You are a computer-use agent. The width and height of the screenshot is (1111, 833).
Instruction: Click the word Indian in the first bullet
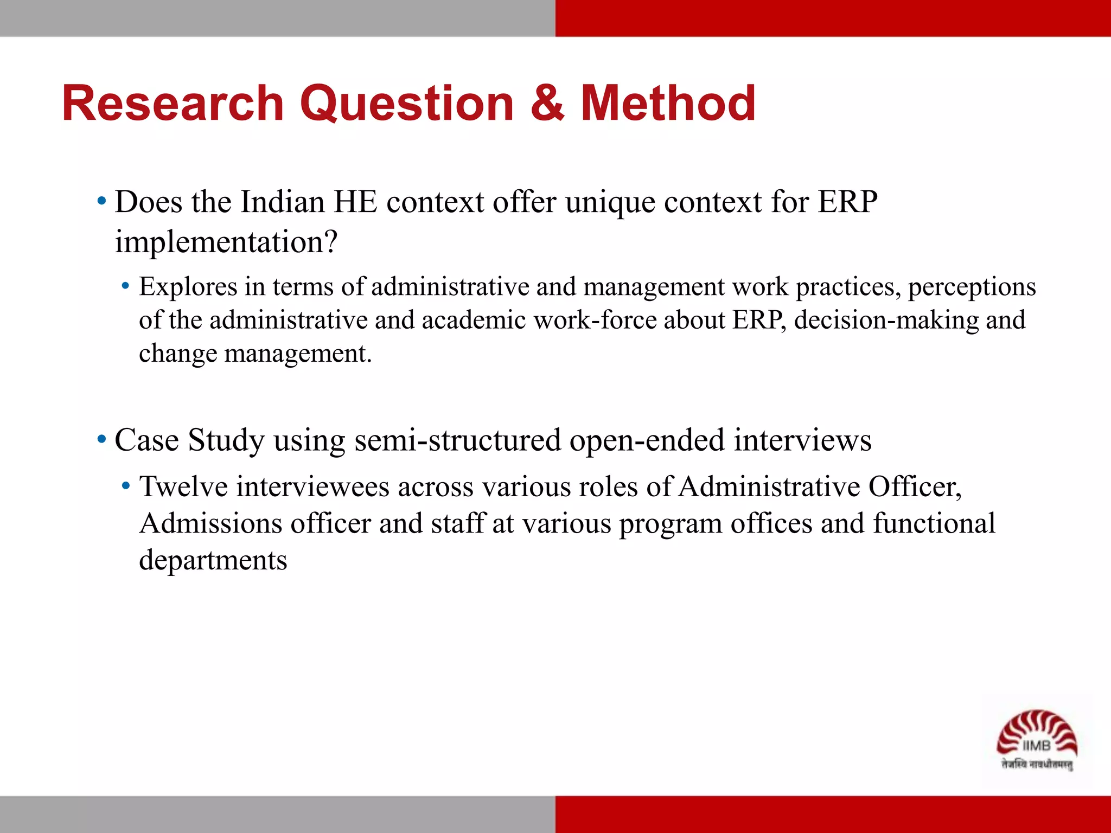pyautogui.click(x=283, y=202)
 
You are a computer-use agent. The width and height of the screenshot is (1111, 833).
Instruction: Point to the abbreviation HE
pyautogui.click(x=355, y=202)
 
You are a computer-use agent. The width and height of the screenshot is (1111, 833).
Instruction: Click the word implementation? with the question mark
pyautogui.click(x=226, y=242)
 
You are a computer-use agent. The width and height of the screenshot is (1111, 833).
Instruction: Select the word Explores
pyautogui.click(x=188, y=287)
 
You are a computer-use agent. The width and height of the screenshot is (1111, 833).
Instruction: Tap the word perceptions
pyautogui.click(x=972, y=287)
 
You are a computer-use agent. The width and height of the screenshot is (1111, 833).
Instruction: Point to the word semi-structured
pyautogui.click(x=457, y=440)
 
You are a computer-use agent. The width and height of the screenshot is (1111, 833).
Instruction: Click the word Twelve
pyautogui.click(x=183, y=486)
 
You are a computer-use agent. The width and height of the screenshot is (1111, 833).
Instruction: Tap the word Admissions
pyautogui.click(x=210, y=524)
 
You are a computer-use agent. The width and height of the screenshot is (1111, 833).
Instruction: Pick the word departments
pyautogui.click(x=213, y=561)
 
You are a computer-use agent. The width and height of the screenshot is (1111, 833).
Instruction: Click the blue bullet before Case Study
pyautogui.click(x=101, y=439)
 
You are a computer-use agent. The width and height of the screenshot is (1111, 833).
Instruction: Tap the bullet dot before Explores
pyautogui.click(x=125, y=286)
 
